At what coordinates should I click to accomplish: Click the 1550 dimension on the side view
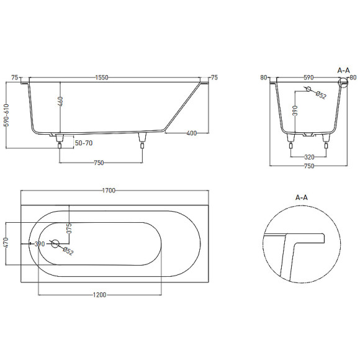[x=102, y=78]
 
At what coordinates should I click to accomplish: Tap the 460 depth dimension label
[x=60, y=102]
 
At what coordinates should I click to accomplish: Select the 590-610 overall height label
[x=7, y=115]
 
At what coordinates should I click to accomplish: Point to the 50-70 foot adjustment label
[x=84, y=143]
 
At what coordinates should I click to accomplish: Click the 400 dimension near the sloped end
[x=191, y=133]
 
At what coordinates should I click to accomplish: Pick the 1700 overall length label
[x=109, y=191]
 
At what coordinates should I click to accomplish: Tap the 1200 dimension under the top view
[x=99, y=295]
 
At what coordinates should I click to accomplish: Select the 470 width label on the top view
[x=6, y=243]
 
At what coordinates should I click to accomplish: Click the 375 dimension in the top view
[x=69, y=228]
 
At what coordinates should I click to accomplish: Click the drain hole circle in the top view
[x=55, y=243]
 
